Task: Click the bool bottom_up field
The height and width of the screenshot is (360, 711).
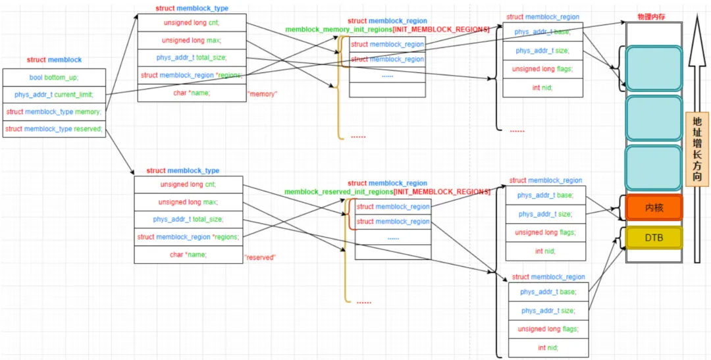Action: (x=54, y=78)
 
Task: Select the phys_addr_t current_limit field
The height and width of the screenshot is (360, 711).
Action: (x=54, y=95)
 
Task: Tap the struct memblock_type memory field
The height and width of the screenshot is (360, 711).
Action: (x=54, y=112)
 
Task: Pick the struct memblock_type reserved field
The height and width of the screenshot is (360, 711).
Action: (x=54, y=129)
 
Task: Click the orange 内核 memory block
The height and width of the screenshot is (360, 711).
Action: (x=654, y=208)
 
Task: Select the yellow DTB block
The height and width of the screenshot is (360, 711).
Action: (x=654, y=238)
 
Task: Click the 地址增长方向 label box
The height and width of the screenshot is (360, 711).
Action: (x=697, y=150)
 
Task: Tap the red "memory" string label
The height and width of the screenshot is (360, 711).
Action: (x=263, y=94)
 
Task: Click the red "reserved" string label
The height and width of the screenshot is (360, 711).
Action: (x=260, y=257)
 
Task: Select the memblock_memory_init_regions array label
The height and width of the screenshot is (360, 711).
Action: (x=387, y=30)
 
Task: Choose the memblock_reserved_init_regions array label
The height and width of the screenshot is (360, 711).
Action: (x=387, y=192)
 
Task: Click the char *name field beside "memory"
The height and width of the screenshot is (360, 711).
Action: (x=192, y=93)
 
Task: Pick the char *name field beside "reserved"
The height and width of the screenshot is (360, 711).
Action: (x=188, y=254)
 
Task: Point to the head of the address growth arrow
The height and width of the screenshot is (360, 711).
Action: (x=697, y=14)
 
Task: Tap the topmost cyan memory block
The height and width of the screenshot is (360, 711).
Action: (x=654, y=68)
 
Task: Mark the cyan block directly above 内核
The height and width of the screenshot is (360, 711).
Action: (x=654, y=167)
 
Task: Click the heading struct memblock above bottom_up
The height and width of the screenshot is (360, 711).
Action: (x=55, y=59)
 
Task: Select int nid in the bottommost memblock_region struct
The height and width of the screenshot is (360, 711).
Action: (x=548, y=348)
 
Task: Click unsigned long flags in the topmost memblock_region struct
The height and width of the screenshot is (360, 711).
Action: (x=542, y=69)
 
